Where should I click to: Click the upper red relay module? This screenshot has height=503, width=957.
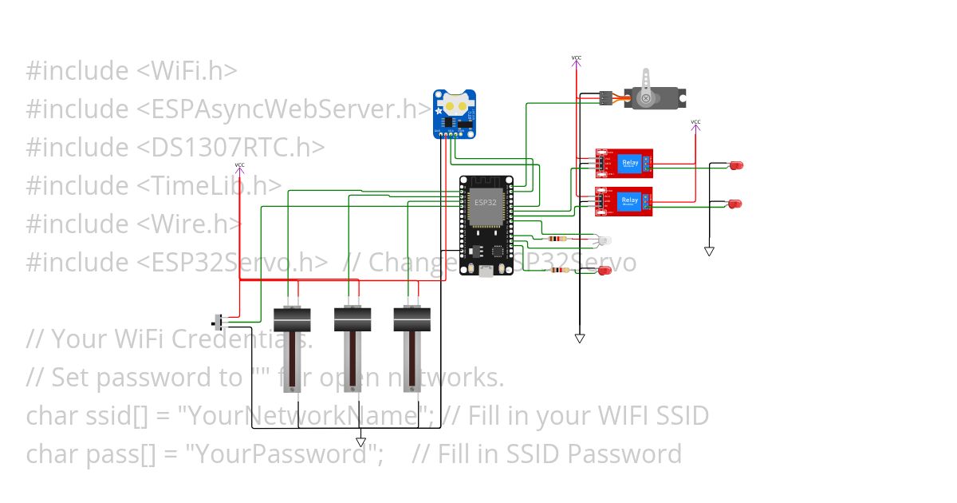point(624,163)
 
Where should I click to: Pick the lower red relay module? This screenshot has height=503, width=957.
point(624,201)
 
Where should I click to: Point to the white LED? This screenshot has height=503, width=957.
point(604,240)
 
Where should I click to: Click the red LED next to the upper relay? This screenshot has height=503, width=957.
point(737,165)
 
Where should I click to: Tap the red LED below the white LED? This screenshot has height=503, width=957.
point(605,271)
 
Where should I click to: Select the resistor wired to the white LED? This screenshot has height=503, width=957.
point(555,238)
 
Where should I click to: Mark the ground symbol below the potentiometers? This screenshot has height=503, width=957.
point(360,442)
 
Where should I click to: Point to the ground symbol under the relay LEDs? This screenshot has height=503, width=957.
point(709,252)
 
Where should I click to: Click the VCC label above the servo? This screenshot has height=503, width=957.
point(576,58)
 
